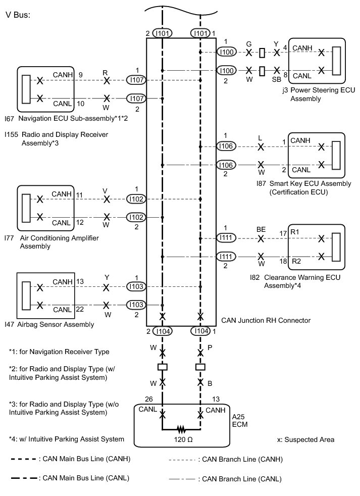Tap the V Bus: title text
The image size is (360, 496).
tap(18, 15)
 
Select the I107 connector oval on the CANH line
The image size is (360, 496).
tap(136, 80)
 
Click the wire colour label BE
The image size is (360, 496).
tap(261, 229)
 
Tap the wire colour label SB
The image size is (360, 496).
tap(276, 80)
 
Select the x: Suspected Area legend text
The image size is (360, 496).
tap(305, 439)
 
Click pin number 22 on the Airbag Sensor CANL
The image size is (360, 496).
tap(80, 309)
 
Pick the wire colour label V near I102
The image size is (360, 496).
tap(106, 191)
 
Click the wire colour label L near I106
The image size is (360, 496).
tap(260, 138)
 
